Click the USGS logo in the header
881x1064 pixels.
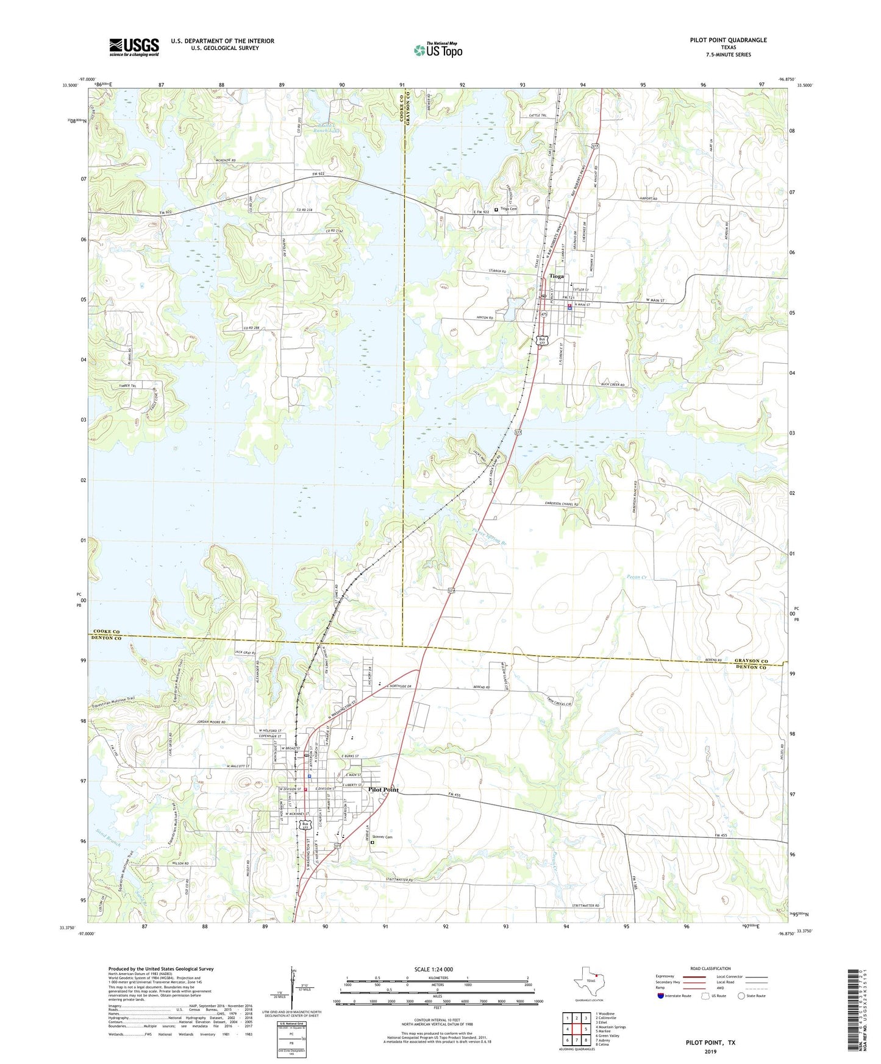pyautogui.click(x=134, y=46)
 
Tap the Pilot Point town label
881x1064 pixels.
pyautogui.click(x=383, y=789)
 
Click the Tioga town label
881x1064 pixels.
pyautogui.click(x=556, y=276)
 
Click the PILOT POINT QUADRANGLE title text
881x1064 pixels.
pyautogui.click(x=728, y=40)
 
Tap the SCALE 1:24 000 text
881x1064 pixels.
pyautogui.click(x=433, y=969)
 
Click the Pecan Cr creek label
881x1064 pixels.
pyautogui.click(x=637, y=576)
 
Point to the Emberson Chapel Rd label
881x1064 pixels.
pyautogui.click(x=561, y=505)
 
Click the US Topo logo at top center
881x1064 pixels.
pyautogui.click(x=437, y=50)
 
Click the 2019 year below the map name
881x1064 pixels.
pyautogui.click(x=710, y=1051)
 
